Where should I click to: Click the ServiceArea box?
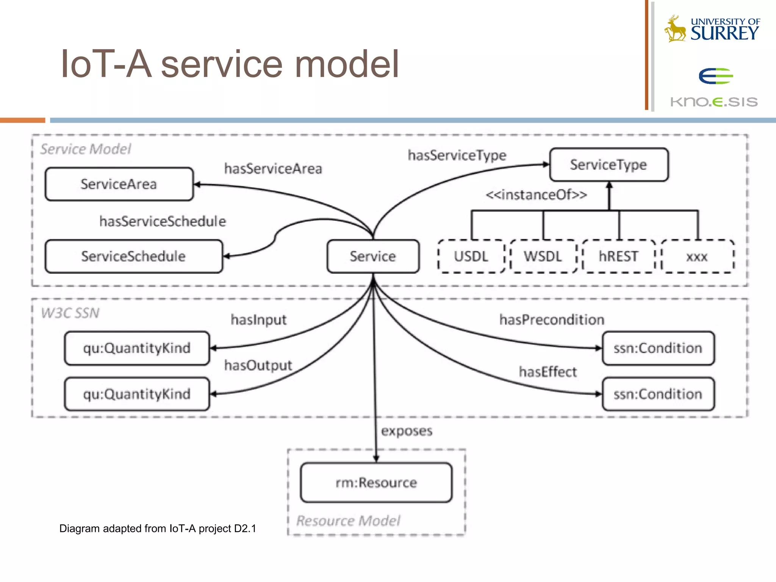119,184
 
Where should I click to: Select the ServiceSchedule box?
133,257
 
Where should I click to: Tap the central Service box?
373,257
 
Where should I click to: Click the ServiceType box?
609,165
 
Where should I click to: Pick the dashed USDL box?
471,257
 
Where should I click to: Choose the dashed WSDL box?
543,257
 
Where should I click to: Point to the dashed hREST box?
618,257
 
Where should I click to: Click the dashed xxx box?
697,257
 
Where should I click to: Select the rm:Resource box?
376,483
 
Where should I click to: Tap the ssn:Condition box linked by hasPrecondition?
658,348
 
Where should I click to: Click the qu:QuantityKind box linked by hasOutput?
137,394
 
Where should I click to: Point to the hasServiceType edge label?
457,155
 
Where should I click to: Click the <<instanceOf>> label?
536,195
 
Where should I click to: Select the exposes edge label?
407,431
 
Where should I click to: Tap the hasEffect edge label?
548,372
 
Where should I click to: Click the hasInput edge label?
259,320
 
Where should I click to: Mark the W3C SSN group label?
70,313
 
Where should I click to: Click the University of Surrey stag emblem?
676,29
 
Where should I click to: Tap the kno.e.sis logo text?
714,102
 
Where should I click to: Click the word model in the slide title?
347,64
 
